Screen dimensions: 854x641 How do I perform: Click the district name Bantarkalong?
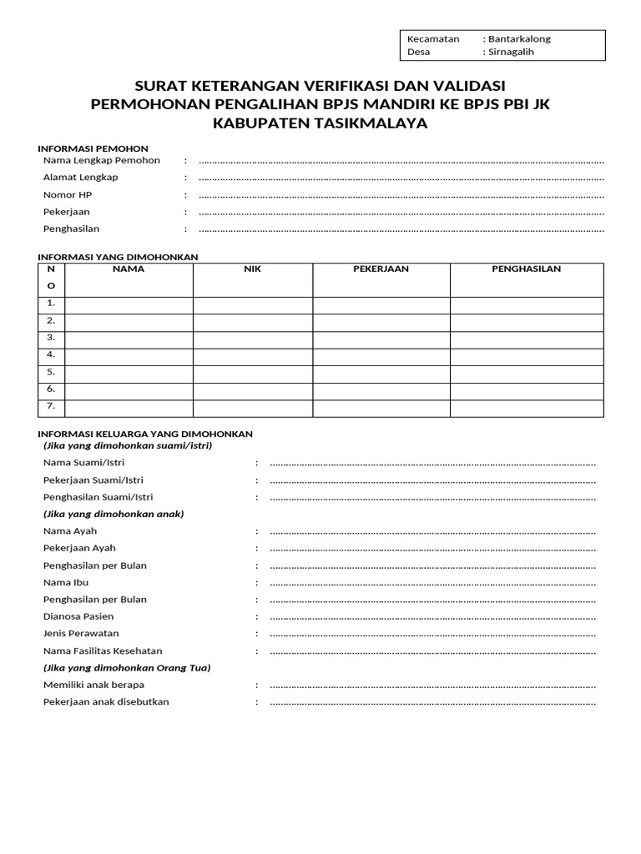click(519, 38)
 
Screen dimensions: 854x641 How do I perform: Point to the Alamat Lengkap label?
click(81, 177)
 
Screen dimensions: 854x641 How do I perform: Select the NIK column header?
click(253, 269)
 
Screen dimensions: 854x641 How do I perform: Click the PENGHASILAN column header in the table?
click(526, 269)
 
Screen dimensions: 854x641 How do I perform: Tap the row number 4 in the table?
click(51, 355)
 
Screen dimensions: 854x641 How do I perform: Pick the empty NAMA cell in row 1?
click(129, 304)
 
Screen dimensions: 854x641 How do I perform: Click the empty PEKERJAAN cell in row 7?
click(381, 408)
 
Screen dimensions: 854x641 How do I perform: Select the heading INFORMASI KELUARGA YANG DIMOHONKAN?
click(145, 434)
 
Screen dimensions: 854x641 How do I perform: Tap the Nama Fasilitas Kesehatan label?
click(103, 651)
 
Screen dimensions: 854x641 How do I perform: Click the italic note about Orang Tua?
click(127, 667)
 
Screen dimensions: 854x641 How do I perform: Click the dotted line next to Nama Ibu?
click(432, 583)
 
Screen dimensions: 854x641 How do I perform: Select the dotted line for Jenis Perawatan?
click(432, 634)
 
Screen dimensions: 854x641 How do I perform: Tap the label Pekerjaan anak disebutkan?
click(106, 701)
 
